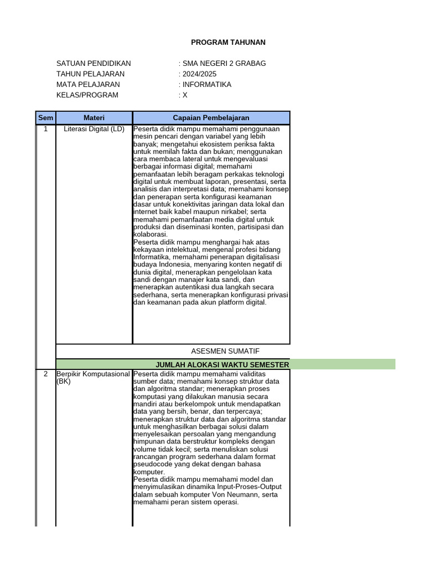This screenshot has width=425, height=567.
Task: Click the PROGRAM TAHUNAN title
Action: [228, 42]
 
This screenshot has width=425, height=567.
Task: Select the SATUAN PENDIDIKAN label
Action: [94, 63]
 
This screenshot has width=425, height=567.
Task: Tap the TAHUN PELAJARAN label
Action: [90, 74]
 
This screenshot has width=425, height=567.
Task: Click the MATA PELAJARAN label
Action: [88, 84]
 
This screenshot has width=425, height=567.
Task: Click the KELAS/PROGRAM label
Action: [87, 95]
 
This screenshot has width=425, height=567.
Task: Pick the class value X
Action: [185, 95]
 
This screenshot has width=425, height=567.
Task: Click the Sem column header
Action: [45, 118]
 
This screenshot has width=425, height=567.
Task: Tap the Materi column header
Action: [94, 118]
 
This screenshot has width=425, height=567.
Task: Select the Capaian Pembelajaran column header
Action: [211, 118]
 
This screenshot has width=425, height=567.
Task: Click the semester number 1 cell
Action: [45, 129]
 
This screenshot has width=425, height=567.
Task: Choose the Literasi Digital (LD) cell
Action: [94, 129]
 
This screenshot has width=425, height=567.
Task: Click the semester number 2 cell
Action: [45, 374]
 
